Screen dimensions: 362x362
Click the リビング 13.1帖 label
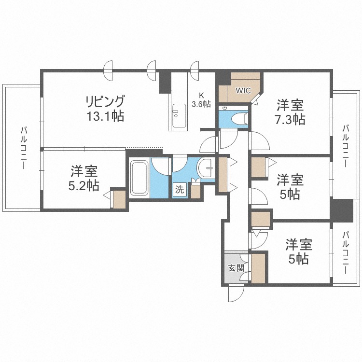pos(105,109)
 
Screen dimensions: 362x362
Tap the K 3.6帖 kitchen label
pos(201,100)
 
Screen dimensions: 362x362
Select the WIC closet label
pos(242,90)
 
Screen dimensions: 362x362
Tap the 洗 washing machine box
pos(179,190)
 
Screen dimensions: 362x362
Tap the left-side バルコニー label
pos(23,148)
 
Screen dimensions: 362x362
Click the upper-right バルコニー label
pos(346,145)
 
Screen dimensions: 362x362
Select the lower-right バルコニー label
pos(346,252)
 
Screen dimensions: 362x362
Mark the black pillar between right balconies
pos(342,210)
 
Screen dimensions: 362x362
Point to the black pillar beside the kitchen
pos(165,83)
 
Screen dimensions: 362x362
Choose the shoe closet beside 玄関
pos(258,268)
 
